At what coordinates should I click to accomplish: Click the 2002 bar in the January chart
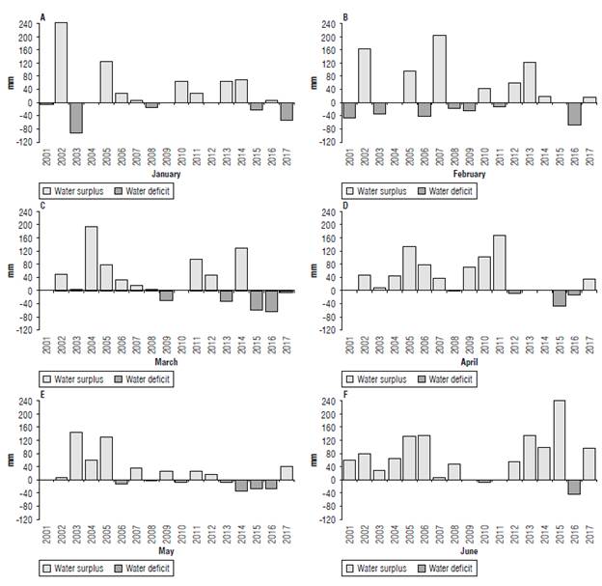tap(61, 62)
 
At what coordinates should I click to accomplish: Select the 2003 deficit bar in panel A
tap(76, 118)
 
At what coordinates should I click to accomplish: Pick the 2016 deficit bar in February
tap(574, 113)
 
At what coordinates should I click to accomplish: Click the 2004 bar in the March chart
tap(92, 259)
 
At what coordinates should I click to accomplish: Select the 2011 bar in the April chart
tap(499, 263)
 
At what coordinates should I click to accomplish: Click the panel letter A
tap(42, 17)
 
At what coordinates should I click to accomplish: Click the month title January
tap(158, 175)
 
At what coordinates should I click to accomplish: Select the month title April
tap(471, 362)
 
